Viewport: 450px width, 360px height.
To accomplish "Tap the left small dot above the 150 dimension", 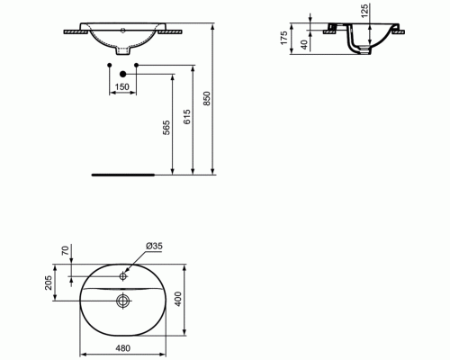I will [110, 66].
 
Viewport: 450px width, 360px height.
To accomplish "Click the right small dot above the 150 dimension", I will [137, 66].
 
